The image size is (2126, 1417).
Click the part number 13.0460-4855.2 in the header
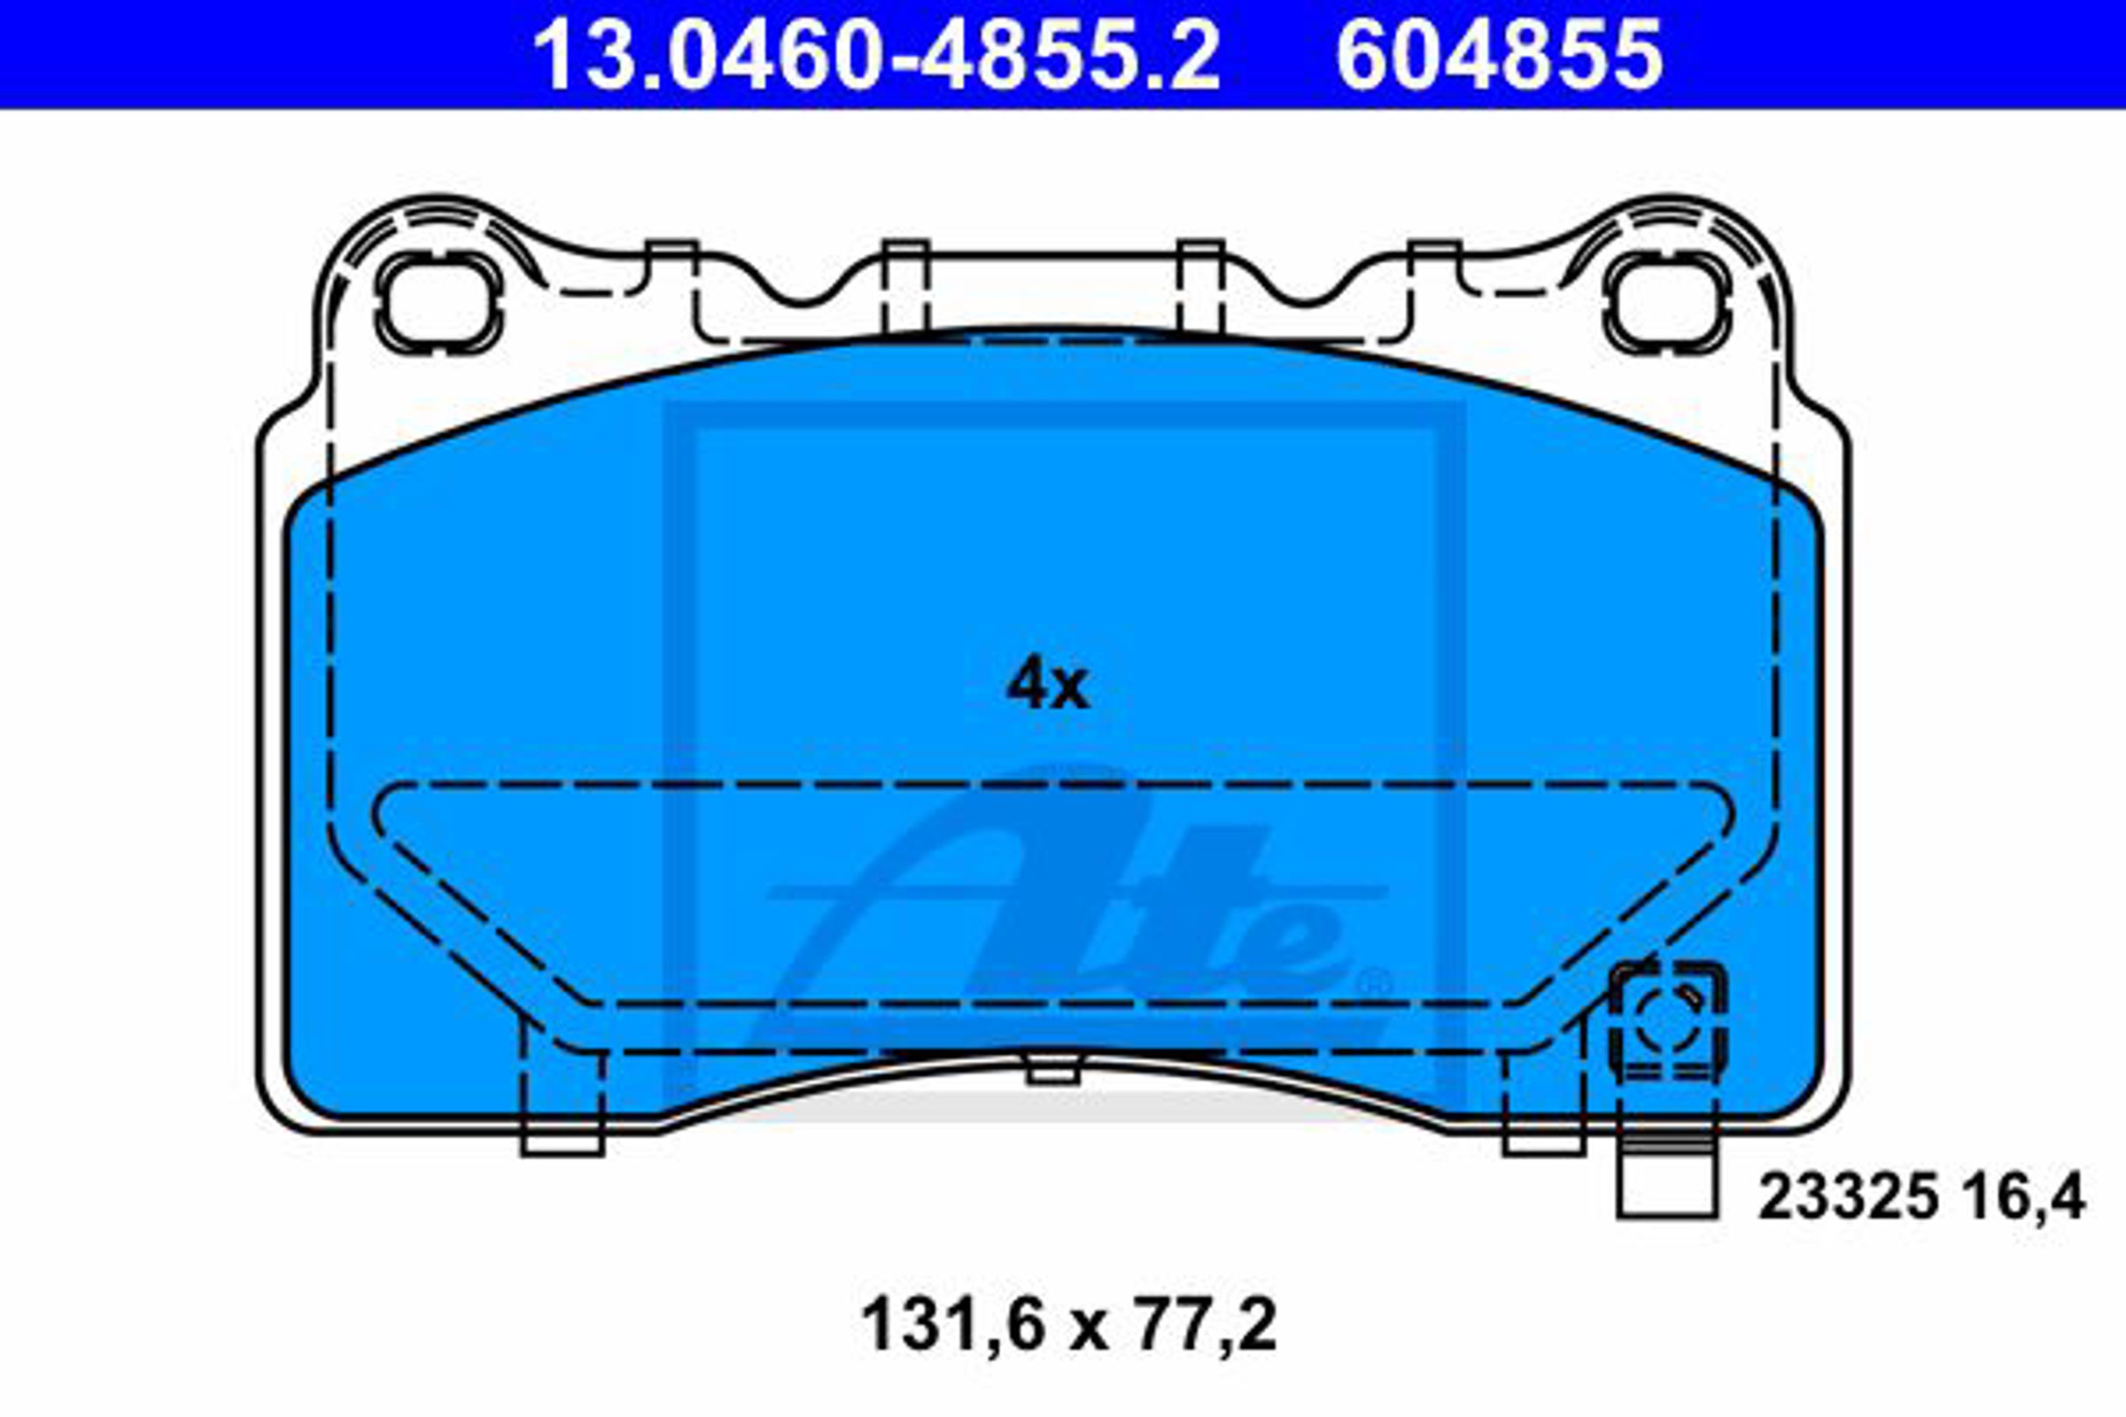[x=876, y=55]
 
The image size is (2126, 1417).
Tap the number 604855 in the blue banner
[x=1499, y=55]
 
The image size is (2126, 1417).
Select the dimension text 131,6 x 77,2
[x=1069, y=1326]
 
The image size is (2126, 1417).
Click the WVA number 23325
[x=1848, y=1197]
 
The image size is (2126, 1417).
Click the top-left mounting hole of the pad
[x=439, y=302]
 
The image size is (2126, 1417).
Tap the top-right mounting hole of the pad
[x=1668, y=302]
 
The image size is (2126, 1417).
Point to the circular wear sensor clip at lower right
[x=1668, y=1021]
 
